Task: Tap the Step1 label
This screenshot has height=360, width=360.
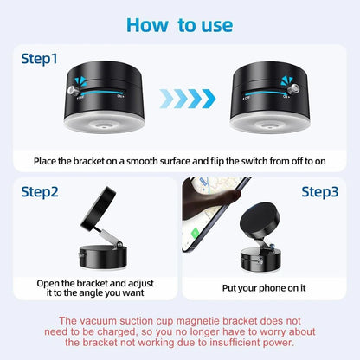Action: click(40, 60)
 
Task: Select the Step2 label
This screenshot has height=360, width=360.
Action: click(40, 191)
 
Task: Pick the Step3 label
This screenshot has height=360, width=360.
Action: click(321, 191)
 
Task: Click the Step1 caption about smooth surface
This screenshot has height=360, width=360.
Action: click(179, 160)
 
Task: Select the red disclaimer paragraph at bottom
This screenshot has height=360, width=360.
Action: click(179, 329)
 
